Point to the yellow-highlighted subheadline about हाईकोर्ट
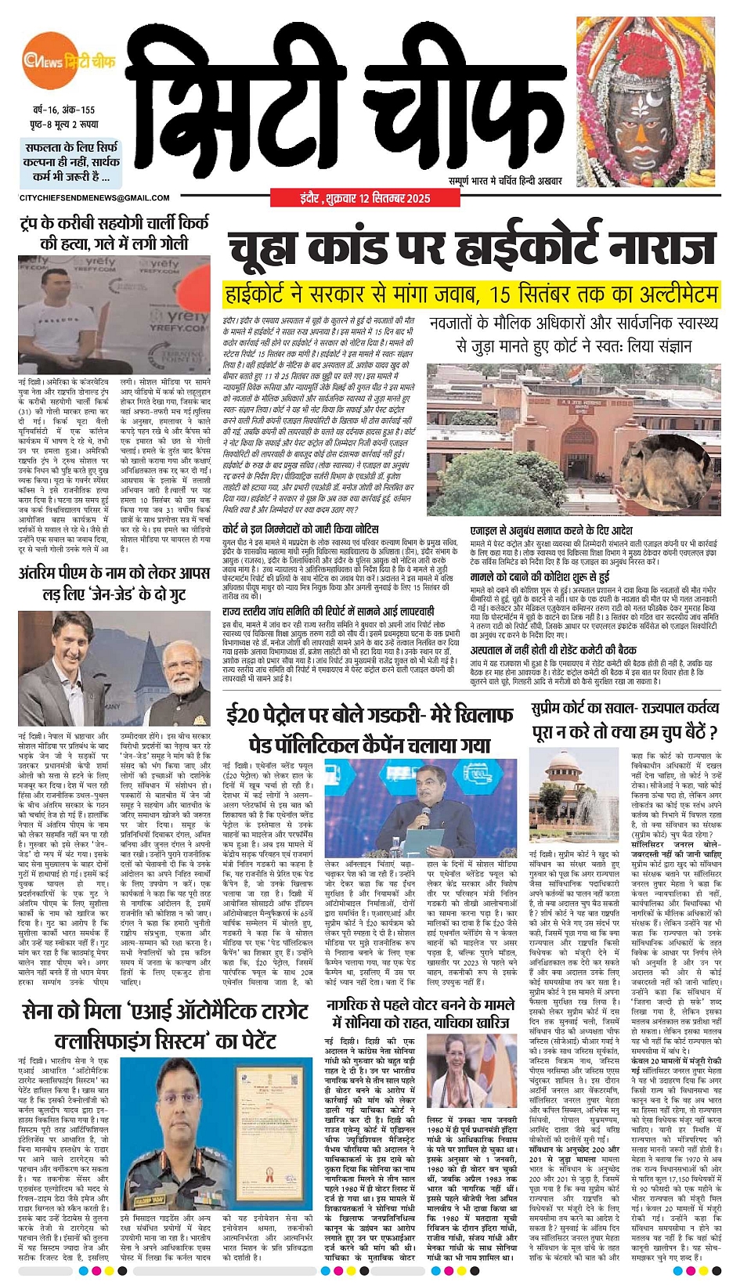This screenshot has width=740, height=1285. click(471, 294)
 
